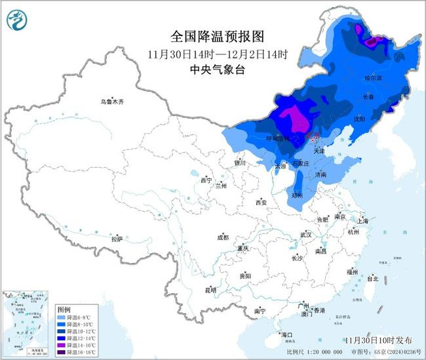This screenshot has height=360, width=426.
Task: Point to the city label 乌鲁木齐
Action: coord(112,102)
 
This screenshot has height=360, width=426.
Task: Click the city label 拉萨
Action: coord(117,239)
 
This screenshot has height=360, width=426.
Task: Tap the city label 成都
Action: coord(223,237)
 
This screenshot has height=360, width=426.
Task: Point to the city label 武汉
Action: coord(305,234)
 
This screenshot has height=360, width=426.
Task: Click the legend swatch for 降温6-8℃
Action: coord(62,318)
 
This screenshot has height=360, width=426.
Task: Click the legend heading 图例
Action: coord(64,309)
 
